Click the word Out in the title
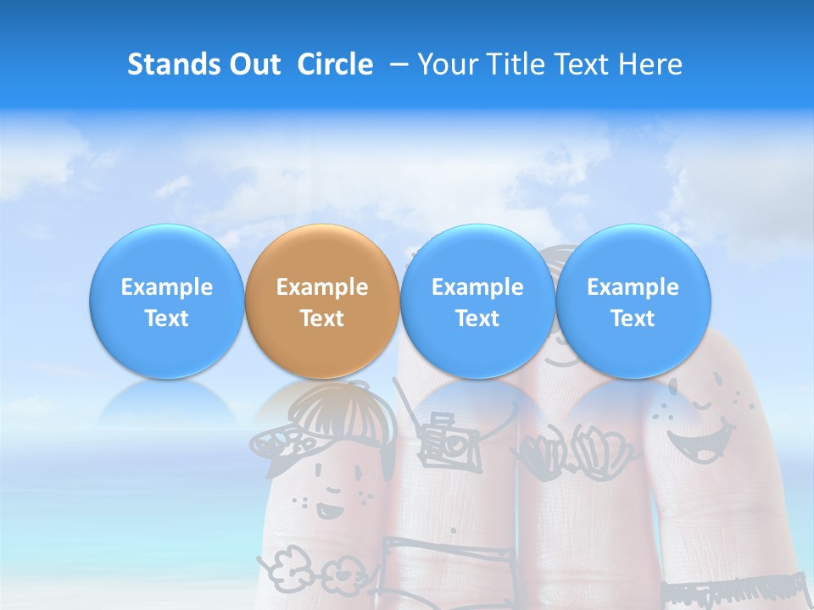pyautogui.click(x=253, y=64)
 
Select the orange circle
pyautogui.click(x=322, y=301)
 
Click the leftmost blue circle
pyautogui.click(x=167, y=301)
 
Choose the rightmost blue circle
pyautogui.click(x=633, y=301)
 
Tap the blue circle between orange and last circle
pyautogui.click(x=477, y=301)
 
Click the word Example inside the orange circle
pyautogui.click(x=322, y=287)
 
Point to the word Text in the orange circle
pyautogui.click(x=322, y=319)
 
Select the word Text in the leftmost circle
pyautogui.click(x=167, y=319)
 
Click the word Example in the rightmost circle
pyautogui.click(x=633, y=287)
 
